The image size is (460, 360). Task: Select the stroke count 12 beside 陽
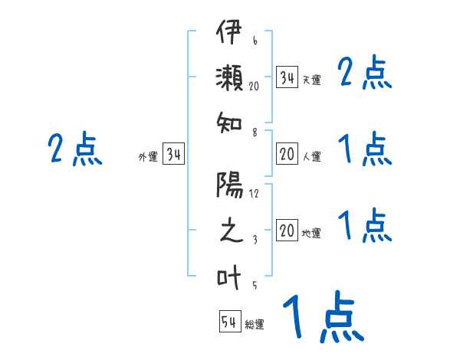coord(254,193)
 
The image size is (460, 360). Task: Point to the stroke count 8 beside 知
coord(254,132)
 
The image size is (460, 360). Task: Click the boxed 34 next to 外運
coord(173,155)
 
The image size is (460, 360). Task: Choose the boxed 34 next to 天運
coord(287,77)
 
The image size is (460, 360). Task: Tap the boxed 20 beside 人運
coord(287,155)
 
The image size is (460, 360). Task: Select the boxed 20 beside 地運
coord(287,231)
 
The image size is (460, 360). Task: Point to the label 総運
coord(255,325)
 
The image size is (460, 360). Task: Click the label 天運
coord(311,80)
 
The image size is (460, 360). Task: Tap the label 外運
coord(147,157)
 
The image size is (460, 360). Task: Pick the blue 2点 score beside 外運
coord(74,149)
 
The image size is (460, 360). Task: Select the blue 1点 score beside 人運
coord(365,149)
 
